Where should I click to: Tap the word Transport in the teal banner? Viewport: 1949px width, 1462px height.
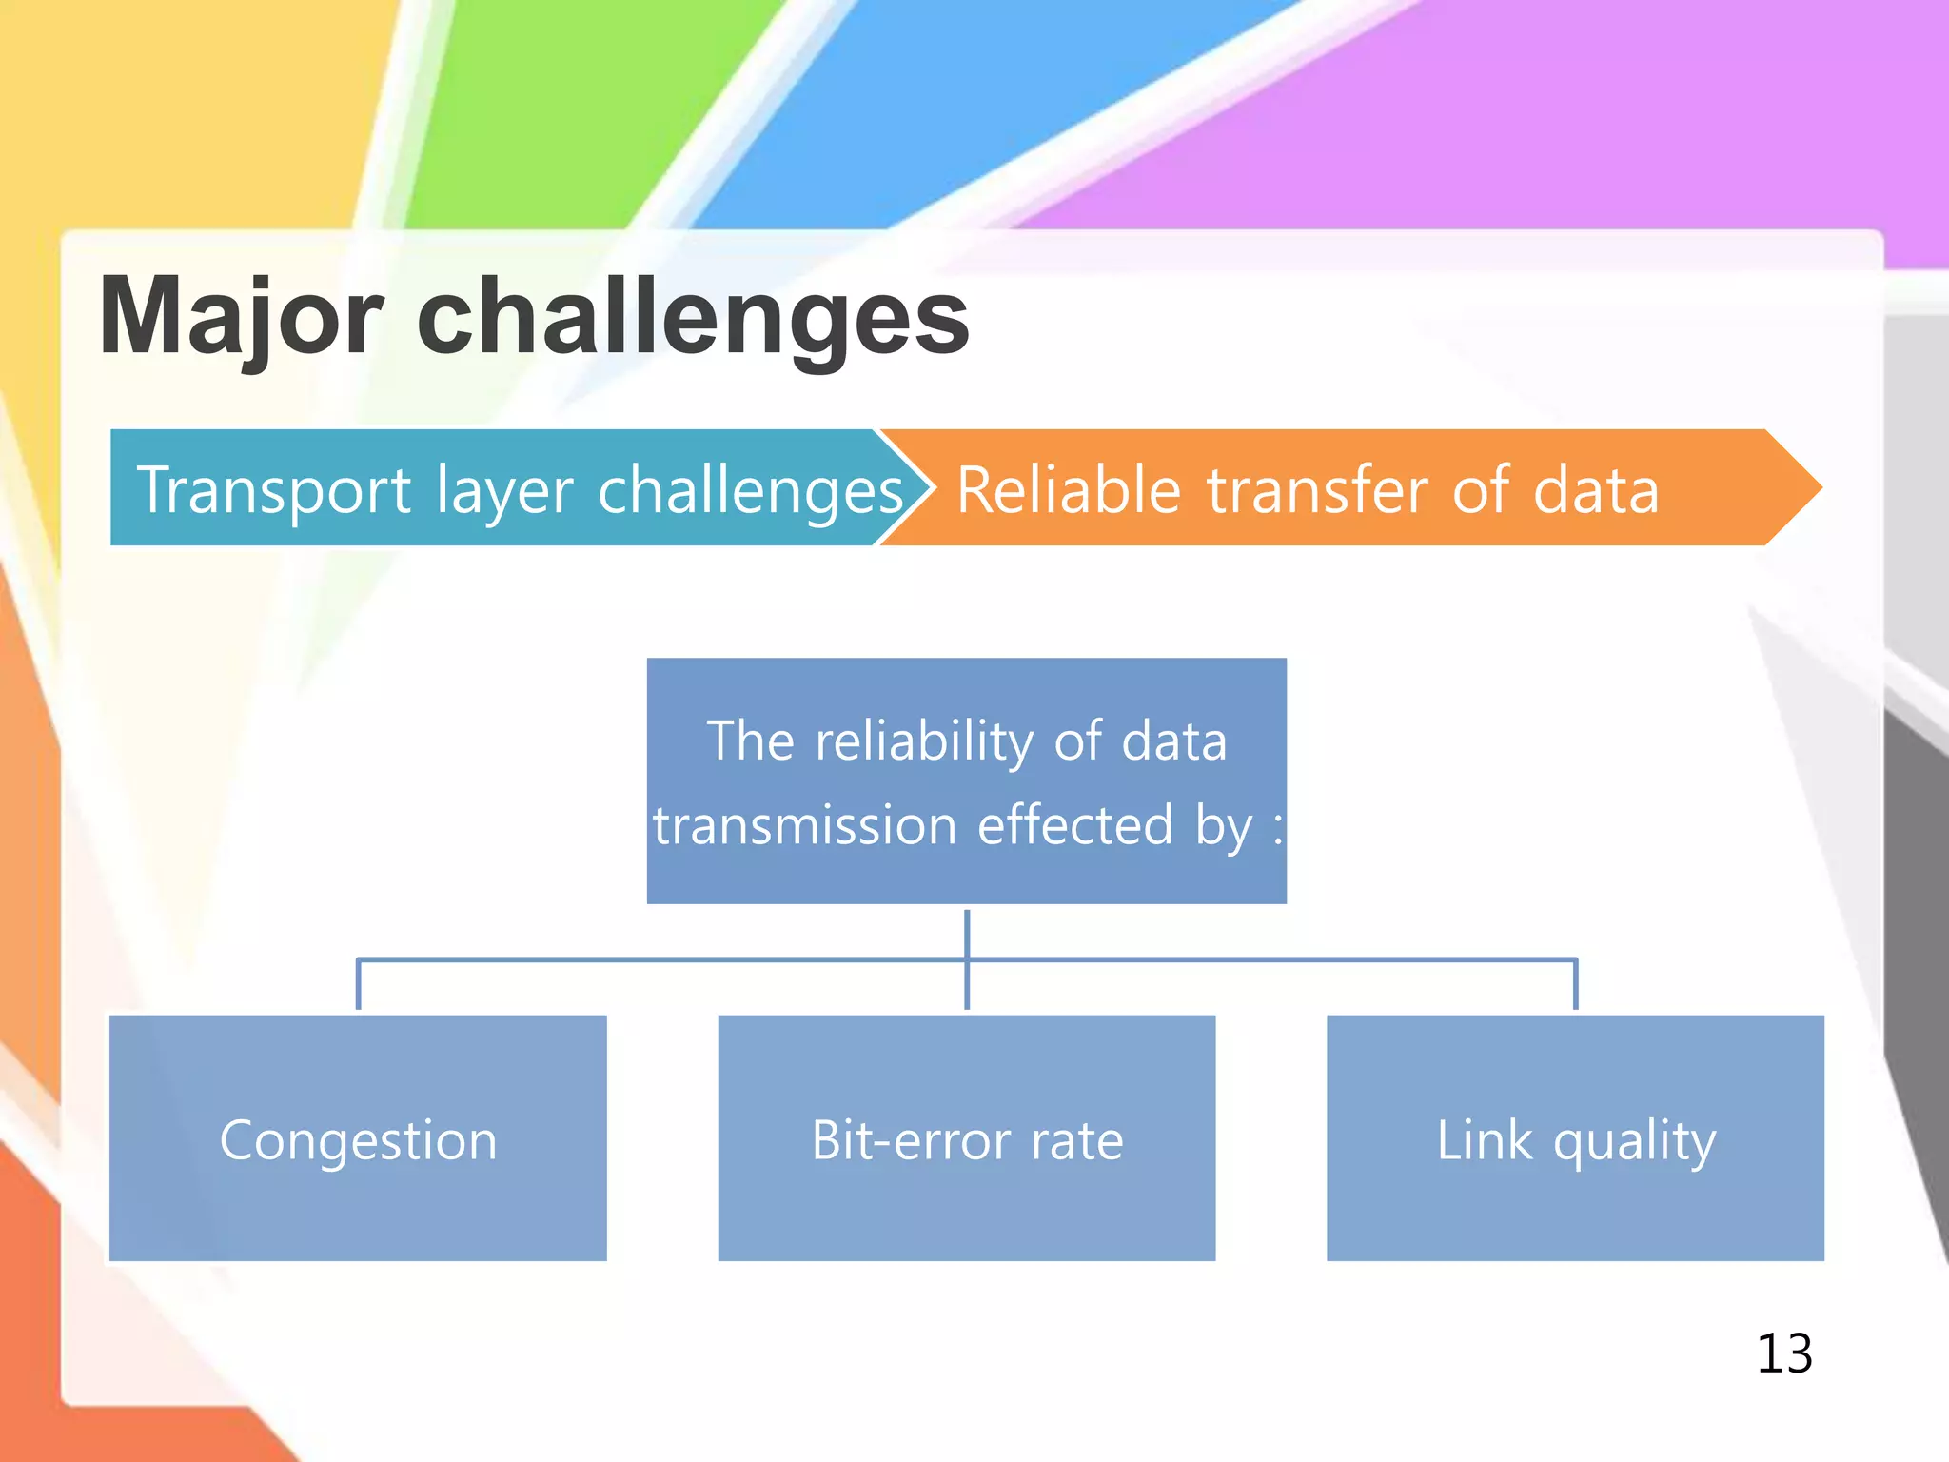pos(274,491)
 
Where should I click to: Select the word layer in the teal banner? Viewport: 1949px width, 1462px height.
pos(504,491)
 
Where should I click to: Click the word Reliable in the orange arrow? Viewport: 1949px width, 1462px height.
pos(1068,491)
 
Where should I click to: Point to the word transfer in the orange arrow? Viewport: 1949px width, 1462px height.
pos(1317,491)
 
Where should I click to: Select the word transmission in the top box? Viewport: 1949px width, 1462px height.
pos(804,825)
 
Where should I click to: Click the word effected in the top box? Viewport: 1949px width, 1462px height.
pos(1075,825)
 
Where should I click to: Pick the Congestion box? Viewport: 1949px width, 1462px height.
pos(358,1138)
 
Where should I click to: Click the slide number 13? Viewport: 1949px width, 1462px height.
pos(1784,1353)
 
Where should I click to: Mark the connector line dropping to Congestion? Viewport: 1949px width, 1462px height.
pos(358,985)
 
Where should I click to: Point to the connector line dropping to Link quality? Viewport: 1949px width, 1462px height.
pos(1576,985)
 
